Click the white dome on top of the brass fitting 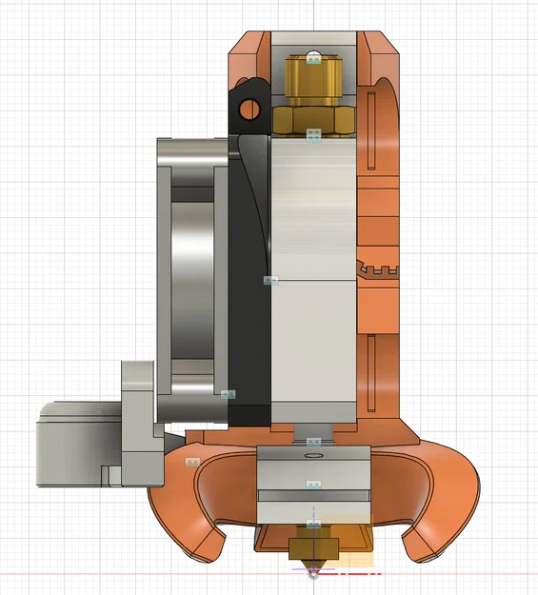313,56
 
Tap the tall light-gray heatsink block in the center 313,286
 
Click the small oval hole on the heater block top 313,455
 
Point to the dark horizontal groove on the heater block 313,495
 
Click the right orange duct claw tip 419,548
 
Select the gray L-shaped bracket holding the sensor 139,419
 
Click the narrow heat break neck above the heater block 313,433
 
